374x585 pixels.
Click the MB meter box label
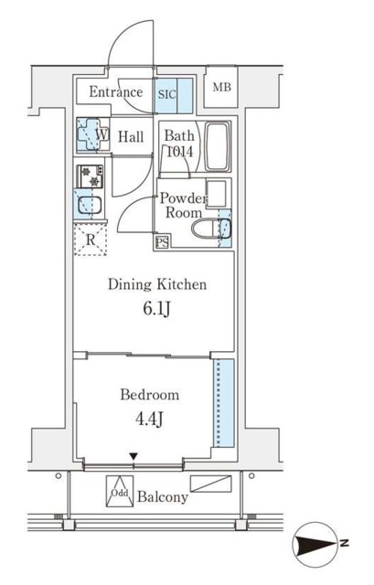point(222,88)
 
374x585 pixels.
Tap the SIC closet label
point(166,94)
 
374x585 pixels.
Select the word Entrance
point(116,91)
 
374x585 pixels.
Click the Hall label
point(131,136)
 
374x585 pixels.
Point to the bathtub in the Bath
point(217,146)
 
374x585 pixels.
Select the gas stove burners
point(91,176)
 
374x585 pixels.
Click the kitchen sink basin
point(90,205)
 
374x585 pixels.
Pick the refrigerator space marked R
point(91,239)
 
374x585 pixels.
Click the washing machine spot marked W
point(92,134)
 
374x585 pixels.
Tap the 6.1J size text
point(157,309)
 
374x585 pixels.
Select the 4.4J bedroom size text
point(149,419)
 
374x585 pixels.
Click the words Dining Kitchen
point(157,284)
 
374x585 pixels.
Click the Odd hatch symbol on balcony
point(120,492)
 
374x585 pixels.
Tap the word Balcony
point(163,496)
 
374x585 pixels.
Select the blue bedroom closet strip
point(224,403)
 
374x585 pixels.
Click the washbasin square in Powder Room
point(217,193)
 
